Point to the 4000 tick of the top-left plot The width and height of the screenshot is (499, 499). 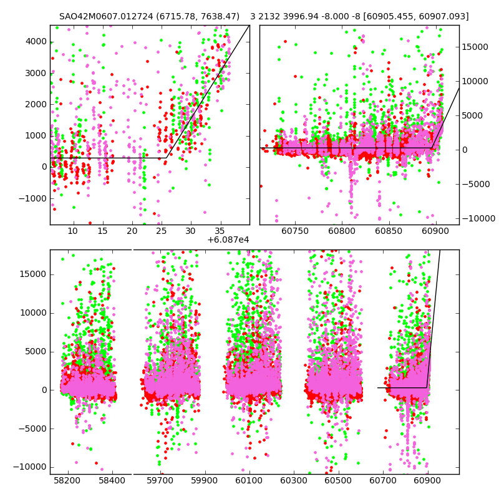(x=36, y=41)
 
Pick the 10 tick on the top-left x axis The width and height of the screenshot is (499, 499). (x=73, y=231)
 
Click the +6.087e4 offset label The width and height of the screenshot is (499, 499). (x=228, y=240)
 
